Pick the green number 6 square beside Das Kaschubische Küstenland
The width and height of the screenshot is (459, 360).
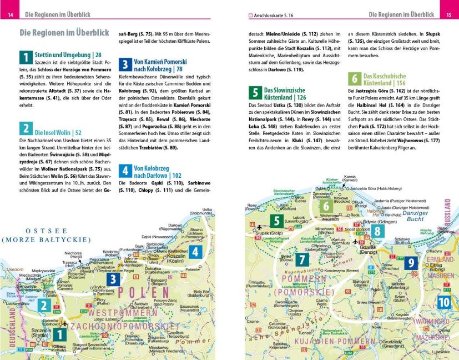(x=355, y=78)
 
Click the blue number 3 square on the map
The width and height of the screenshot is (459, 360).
(x=113, y=280)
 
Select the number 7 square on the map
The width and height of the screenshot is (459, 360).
(x=301, y=259)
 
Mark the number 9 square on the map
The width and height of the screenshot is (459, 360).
(x=410, y=263)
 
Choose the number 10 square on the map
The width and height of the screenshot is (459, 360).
(x=443, y=302)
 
